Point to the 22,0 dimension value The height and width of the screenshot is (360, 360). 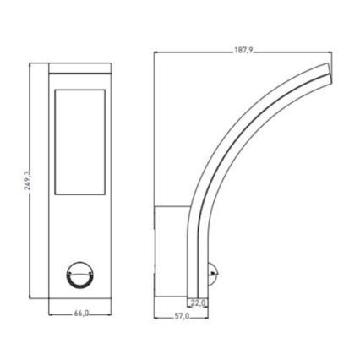click(199, 303)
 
